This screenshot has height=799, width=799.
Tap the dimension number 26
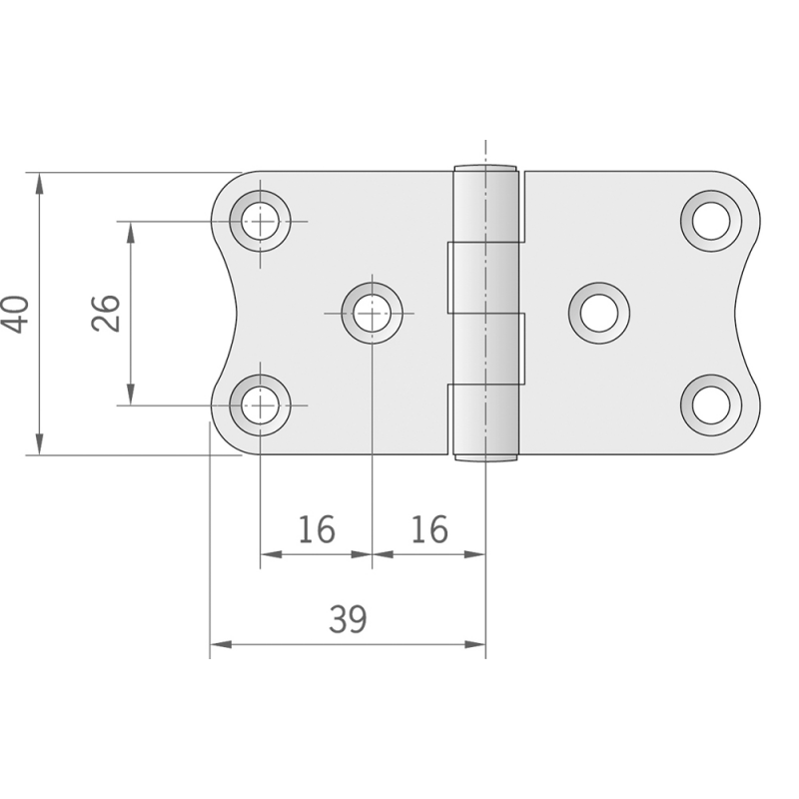tap(106, 314)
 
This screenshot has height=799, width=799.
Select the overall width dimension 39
tap(348, 620)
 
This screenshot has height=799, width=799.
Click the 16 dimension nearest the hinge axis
tap(429, 530)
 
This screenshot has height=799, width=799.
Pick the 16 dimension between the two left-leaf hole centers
tap(316, 530)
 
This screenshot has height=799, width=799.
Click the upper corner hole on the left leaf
tap(261, 221)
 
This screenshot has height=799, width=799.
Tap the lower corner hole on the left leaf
tap(261, 405)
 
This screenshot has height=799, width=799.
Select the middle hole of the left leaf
tap(372, 314)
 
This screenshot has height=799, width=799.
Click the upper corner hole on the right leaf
tap(711, 221)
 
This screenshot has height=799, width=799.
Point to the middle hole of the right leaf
tap(599, 314)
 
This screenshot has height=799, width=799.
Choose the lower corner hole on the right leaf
tap(711, 405)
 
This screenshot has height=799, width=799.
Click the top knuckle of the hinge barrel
tap(487, 204)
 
